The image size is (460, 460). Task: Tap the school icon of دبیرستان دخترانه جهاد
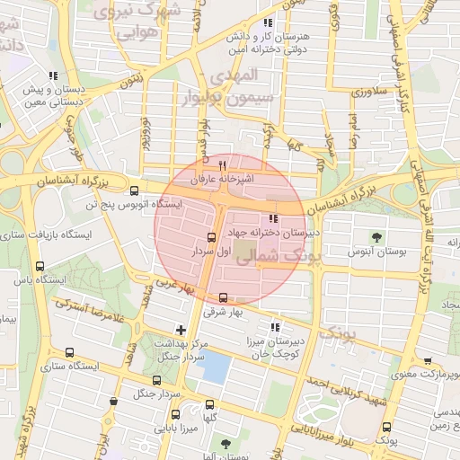coord(273,218)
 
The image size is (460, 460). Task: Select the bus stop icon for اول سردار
coord(211,238)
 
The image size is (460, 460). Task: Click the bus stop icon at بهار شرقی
coord(224,298)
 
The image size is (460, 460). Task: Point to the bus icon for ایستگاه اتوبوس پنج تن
coord(134,190)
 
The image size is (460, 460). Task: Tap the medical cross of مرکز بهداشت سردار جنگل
coord(181,330)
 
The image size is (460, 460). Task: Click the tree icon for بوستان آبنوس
coord(376,238)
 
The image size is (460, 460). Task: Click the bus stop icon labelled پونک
coord(386,428)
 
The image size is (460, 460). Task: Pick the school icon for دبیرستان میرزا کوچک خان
coord(275,327)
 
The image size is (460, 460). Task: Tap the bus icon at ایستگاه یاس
coord(39,266)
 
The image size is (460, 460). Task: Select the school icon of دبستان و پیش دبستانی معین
coord(54,75)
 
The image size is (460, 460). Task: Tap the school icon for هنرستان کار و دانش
coord(267,22)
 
